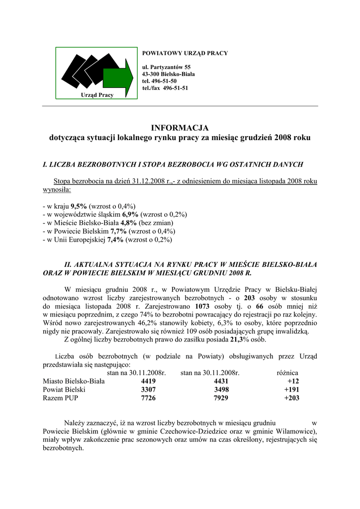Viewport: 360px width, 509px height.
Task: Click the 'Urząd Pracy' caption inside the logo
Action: pos(96,95)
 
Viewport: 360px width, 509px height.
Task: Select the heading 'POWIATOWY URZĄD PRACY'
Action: pos(185,53)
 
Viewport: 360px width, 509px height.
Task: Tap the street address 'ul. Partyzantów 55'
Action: pos(166,67)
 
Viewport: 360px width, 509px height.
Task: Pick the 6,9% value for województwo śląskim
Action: pos(130,215)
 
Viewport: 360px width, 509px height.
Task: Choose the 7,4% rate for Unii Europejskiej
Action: pos(116,240)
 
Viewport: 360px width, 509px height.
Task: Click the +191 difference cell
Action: pos(291,390)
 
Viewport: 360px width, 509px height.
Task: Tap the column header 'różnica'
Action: pos(287,372)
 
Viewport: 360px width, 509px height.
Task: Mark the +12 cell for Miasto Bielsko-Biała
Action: pos(293,381)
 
